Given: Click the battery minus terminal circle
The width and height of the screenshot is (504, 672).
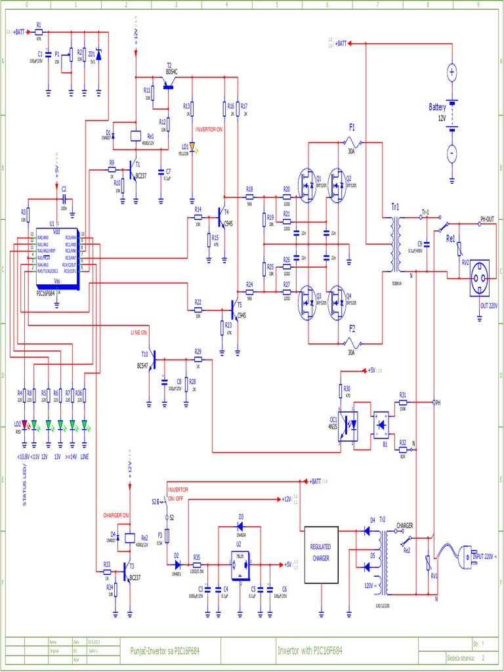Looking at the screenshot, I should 451,154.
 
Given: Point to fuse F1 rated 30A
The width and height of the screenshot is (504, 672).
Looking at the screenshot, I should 352,141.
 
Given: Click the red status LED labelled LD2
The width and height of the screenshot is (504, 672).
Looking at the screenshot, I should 25,425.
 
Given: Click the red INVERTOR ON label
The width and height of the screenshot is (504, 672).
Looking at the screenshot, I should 209,129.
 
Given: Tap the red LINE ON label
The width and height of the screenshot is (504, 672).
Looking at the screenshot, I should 138,333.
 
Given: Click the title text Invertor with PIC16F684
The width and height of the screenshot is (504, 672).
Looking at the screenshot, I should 309,650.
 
